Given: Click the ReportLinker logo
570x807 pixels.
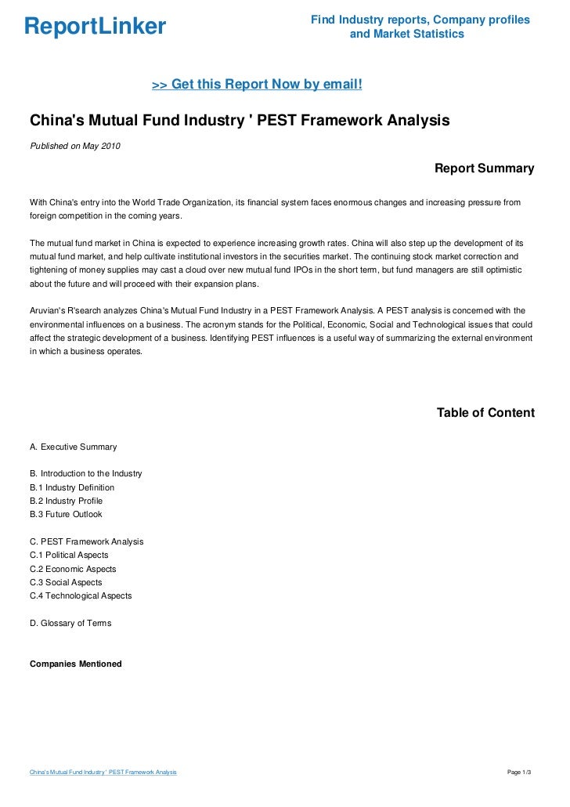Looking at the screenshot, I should coord(95,27).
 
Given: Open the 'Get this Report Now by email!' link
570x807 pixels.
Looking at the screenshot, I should coord(257,84).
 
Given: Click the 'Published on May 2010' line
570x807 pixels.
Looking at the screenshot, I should coord(75,146).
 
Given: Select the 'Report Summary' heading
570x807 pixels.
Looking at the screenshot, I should coord(484,168).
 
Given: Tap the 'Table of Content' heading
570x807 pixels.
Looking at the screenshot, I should coord(485,413).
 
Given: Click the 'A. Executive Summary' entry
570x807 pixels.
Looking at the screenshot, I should coord(73,447).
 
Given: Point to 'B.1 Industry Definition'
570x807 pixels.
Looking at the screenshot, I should coord(71,487).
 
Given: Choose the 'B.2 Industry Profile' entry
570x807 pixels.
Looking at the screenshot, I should coord(66,501).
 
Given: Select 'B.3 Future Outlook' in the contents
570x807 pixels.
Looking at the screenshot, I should coord(66,514).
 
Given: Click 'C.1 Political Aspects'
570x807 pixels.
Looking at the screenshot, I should coord(69,555).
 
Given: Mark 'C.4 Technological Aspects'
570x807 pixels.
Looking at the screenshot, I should coord(81,595).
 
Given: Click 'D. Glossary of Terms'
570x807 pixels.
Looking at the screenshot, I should coord(70,623).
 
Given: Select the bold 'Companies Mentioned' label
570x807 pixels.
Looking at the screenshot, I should coord(75,664).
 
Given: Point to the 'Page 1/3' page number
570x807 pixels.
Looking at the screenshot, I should coord(519,773).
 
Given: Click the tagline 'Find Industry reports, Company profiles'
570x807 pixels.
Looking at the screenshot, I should coord(420,19).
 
